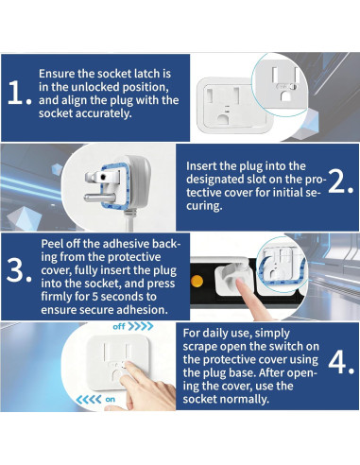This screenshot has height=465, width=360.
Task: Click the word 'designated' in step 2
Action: (x=215, y=180)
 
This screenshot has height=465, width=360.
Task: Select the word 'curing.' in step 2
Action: (x=204, y=206)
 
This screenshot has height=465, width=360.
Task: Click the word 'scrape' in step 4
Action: (x=199, y=347)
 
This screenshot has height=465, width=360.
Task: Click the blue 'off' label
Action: (x=119, y=326)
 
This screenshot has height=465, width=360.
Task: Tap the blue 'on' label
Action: (x=111, y=400)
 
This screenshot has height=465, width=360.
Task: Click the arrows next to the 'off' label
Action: (x=141, y=326)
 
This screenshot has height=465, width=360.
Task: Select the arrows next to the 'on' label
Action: (x=89, y=400)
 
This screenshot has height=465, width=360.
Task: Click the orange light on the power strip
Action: (x=197, y=281)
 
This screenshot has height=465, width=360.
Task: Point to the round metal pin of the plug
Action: (x=99, y=198)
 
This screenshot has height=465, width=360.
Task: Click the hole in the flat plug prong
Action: (x=103, y=176)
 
